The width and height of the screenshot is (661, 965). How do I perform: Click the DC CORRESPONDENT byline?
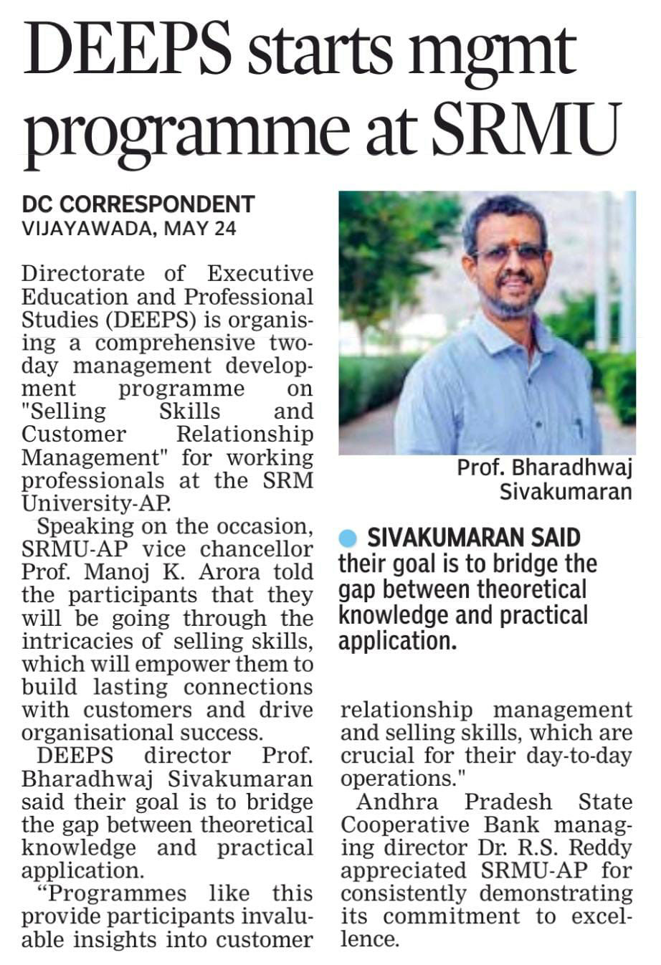coord(138,205)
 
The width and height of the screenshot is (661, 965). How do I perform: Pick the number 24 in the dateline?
coord(223,229)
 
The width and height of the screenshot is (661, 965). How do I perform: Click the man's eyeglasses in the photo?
coord(509,252)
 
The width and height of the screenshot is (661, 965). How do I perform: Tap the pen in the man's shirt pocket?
coord(577,428)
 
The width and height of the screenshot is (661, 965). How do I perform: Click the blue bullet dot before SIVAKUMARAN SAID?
coord(348,538)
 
